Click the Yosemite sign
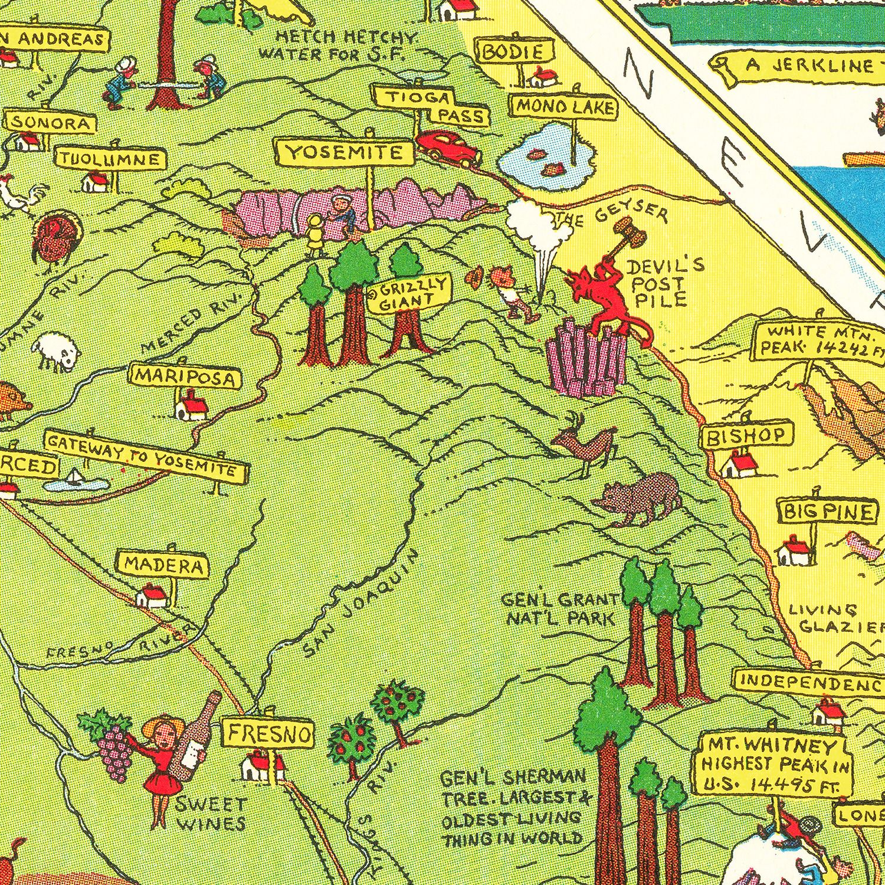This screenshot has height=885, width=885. (344, 153)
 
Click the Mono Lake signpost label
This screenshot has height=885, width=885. (565, 107)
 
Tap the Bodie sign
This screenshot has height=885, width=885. (517, 52)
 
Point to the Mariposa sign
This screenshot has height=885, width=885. (186, 377)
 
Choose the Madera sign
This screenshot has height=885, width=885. (164, 565)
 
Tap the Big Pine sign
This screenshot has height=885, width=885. (827, 511)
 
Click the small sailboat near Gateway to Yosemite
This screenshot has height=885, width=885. (75, 477)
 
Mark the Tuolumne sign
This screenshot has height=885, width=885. (110, 159)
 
